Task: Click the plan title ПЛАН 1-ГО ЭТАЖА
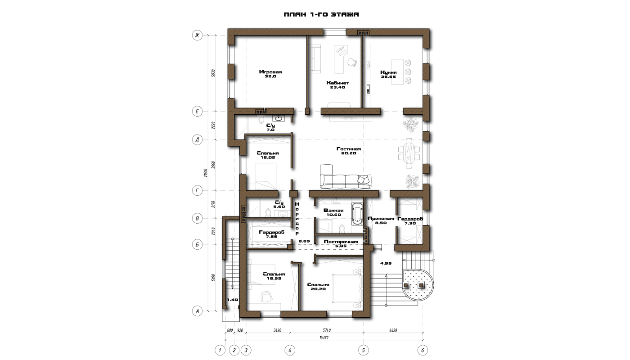coord(321,14)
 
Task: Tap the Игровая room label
coord(270,72)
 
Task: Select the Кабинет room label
coord(337,83)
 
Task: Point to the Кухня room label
coord(388,72)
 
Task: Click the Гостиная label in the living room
coord(348,149)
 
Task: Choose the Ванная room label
coord(333,211)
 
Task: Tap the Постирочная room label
coord(341,242)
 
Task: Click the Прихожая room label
coord(381,219)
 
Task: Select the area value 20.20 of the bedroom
coord(318,289)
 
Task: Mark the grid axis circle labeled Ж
coord(197,35)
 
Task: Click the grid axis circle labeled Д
coord(197,139)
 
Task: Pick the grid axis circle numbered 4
coord(290,350)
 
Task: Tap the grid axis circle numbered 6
coord(423,350)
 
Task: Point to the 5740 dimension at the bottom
coord(327,330)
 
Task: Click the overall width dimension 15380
coord(324,337)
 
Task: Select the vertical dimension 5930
coord(213,73)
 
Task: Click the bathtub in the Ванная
coord(357,214)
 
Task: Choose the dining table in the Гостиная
coord(409,153)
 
